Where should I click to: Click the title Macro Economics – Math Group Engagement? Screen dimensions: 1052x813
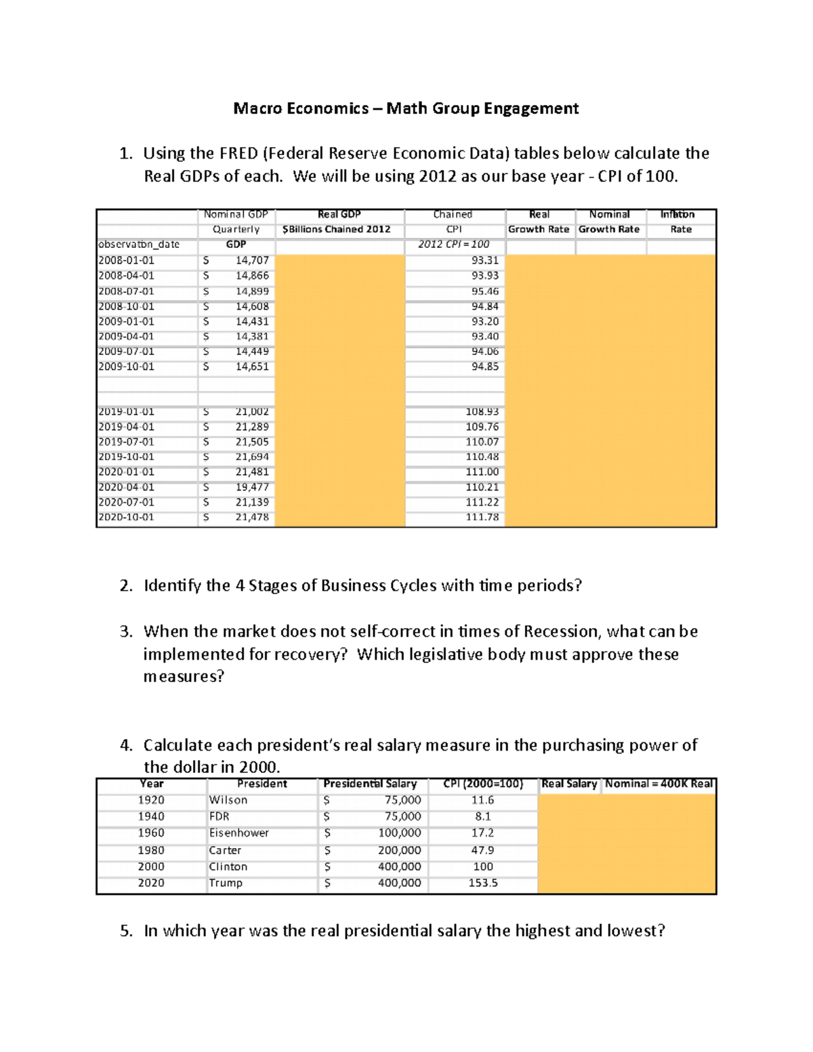406,108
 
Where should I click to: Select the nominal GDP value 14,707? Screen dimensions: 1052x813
252,261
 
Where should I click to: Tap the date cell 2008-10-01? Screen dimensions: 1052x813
126,306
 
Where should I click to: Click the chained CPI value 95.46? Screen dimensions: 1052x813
484,291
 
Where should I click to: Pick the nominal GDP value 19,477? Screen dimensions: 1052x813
252,487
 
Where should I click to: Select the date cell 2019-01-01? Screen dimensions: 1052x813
126,412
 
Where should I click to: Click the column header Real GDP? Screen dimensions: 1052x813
339,214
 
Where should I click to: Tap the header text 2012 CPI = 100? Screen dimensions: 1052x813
453,245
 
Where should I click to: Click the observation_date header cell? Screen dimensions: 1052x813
139,245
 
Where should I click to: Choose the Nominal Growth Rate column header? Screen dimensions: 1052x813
608,222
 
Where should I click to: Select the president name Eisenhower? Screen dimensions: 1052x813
238,833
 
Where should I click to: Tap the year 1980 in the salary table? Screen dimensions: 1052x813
151,850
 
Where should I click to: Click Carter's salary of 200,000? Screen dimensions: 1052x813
399,850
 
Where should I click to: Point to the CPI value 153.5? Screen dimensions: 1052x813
483,883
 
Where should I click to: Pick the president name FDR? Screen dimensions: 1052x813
220,817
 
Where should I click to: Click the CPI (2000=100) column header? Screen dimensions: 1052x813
483,784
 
